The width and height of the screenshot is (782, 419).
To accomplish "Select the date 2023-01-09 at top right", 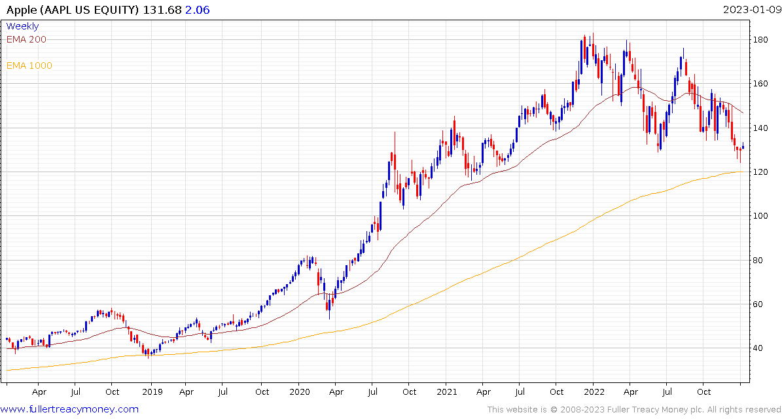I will point(751,9).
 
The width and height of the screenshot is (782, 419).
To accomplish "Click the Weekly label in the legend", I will point(22,26).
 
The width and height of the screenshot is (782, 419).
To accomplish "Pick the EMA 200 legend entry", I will point(26,39).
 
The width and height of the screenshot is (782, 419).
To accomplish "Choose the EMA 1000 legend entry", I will point(29,65).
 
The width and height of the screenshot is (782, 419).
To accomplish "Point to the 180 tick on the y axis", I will point(760,40).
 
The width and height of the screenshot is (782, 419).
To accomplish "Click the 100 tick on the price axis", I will point(760,216).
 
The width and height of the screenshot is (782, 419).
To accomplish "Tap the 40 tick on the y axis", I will point(757,348).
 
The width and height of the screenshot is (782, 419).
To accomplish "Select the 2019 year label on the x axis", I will point(151,392).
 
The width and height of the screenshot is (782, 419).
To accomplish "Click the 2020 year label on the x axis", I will point(298,392).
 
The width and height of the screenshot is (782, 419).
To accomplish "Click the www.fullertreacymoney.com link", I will point(70,409).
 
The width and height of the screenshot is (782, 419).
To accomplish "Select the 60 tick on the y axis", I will point(757,304).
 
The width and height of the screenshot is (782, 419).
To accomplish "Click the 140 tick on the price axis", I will point(760,128).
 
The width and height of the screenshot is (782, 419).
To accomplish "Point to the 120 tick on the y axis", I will point(760,172).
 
